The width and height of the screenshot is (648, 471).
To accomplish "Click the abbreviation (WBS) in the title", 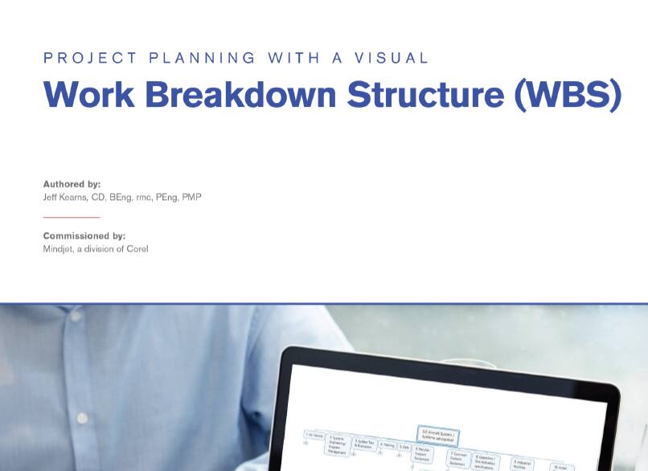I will coord(567,95).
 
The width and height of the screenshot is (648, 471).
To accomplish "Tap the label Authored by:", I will coord(72,184).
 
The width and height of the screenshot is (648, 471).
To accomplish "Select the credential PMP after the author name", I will coord(191,197).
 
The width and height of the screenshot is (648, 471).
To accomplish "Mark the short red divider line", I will coord(71,217).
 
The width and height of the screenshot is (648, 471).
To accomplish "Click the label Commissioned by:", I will coord(84,236).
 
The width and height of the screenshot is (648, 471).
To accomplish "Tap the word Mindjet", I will coord(59,249).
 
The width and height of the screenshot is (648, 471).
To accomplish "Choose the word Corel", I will coord(137,249).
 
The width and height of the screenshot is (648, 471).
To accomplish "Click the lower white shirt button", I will coord(80,419).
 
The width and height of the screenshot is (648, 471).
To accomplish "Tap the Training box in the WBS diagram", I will coord(387,444).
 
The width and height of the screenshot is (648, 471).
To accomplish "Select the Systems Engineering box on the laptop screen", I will coord(337,445).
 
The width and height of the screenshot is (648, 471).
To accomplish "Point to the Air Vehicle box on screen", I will coord(314,435).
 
